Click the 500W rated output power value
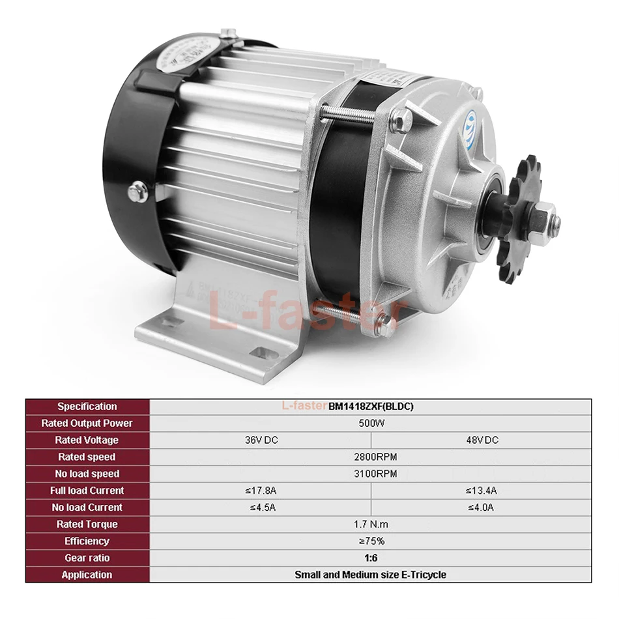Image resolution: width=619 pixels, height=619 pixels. (x=371, y=424)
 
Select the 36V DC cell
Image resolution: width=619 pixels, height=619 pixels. (x=261, y=440)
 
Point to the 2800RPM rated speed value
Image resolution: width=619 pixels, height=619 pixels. (x=371, y=457)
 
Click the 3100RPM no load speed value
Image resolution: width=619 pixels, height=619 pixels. (x=371, y=474)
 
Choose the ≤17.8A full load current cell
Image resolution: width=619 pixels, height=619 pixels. (x=261, y=491)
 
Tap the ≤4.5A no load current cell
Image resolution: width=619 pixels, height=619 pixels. (x=261, y=508)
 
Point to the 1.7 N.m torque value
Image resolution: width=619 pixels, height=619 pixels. (x=371, y=524)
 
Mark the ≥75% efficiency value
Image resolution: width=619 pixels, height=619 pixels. (x=371, y=541)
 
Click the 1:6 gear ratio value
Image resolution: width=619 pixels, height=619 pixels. (x=371, y=558)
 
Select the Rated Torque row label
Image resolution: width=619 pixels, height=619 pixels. (x=87, y=524)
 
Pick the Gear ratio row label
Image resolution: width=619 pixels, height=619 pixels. (x=87, y=558)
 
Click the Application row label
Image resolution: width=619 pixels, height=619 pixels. (x=87, y=575)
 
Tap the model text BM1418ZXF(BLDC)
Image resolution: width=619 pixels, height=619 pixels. (x=371, y=407)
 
